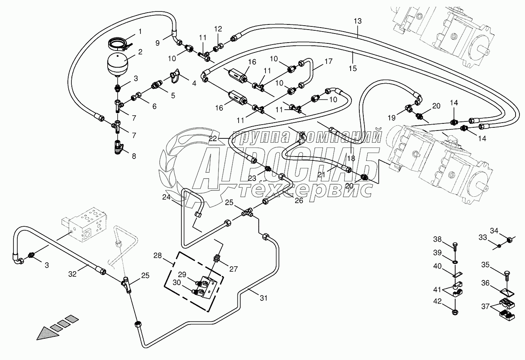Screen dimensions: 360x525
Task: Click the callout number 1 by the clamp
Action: (140, 31)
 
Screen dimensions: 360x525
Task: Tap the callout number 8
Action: (134, 156)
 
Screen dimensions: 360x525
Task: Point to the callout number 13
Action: (357, 21)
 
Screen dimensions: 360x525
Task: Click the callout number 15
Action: (353, 68)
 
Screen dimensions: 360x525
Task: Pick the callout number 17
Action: (329, 62)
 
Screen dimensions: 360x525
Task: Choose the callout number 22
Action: (213, 138)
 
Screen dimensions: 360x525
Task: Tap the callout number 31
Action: (263, 298)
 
